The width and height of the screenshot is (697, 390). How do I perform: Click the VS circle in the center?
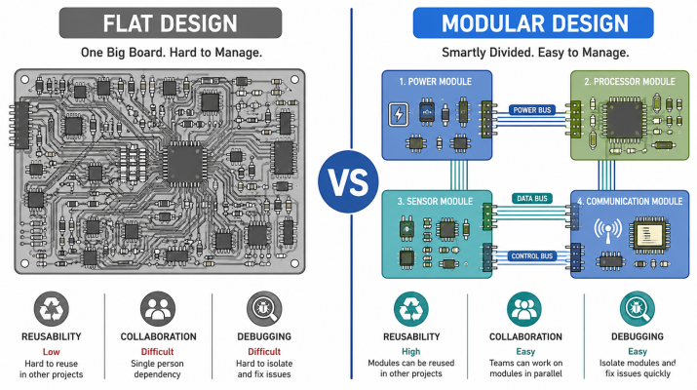click(348, 181)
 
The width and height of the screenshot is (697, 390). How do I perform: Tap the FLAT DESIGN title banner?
click(171, 22)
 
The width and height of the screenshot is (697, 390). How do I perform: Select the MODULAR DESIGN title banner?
click(533, 22)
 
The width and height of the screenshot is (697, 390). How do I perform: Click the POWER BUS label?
click(531, 110)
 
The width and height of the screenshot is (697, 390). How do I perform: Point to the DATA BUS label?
click(531, 198)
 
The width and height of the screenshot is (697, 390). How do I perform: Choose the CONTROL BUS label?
click(531, 256)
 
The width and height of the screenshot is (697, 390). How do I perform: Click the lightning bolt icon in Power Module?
click(399, 114)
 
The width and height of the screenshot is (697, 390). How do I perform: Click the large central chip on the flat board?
click(184, 164)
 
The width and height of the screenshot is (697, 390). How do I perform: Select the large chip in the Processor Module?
click(625, 119)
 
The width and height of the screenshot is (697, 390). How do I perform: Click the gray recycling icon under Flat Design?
click(52, 309)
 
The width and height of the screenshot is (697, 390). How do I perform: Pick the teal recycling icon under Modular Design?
click(411, 309)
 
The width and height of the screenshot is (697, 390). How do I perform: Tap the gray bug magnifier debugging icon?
click(264, 309)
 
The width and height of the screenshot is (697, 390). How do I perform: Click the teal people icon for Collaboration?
click(524, 309)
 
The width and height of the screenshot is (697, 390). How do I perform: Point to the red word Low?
click(51, 352)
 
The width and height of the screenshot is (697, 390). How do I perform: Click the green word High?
click(410, 352)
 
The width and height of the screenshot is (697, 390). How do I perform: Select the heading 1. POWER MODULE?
click(435, 82)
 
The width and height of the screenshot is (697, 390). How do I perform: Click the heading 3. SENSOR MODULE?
click(435, 202)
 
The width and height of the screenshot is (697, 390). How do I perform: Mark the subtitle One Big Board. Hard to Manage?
click(172, 53)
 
